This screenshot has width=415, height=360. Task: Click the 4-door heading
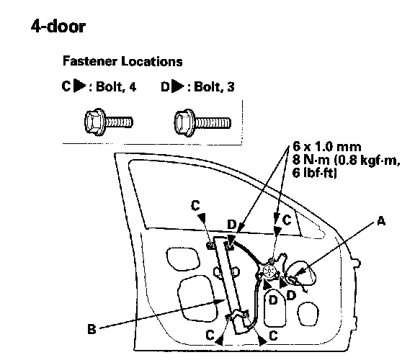point(58,27)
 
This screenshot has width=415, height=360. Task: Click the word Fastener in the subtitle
point(90,61)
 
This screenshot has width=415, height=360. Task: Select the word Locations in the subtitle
point(152,61)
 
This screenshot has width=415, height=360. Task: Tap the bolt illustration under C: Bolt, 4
point(109,122)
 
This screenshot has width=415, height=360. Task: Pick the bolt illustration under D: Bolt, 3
point(202,122)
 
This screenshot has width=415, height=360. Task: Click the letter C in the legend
point(66,86)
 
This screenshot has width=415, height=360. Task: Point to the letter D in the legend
point(165,86)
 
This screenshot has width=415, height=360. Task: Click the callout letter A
point(381,221)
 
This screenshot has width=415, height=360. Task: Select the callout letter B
point(92,329)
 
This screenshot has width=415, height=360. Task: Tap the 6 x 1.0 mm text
point(327,147)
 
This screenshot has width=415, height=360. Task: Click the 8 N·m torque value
point(311,160)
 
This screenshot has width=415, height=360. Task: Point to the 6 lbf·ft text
point(314,173)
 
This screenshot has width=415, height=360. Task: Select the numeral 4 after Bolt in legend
point(133,86)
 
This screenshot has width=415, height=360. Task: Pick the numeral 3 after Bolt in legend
point(231,86)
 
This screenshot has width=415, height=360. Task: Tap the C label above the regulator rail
point(195,205)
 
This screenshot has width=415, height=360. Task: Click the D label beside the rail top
point(231,225)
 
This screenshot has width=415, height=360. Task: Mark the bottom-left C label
point(210,335)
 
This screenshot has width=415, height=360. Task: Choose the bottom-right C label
point(273,336)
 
